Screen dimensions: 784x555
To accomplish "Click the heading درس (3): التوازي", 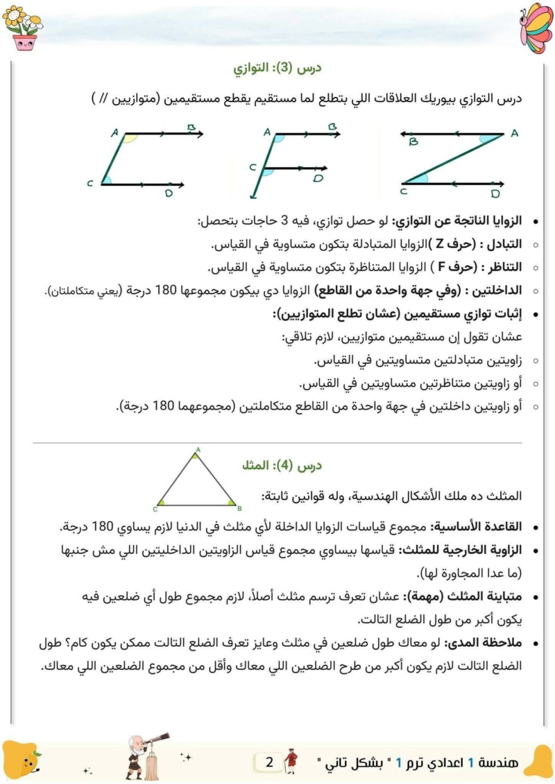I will pos(278,69).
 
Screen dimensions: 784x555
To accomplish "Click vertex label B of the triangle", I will pos(238,507).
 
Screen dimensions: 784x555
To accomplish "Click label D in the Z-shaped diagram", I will pos(495,193).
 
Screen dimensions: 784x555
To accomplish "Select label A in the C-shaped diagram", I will pos(114,132).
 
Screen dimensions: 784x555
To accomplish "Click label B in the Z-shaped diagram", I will pos(413,142).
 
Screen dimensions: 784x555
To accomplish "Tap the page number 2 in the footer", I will pos(270,763).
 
